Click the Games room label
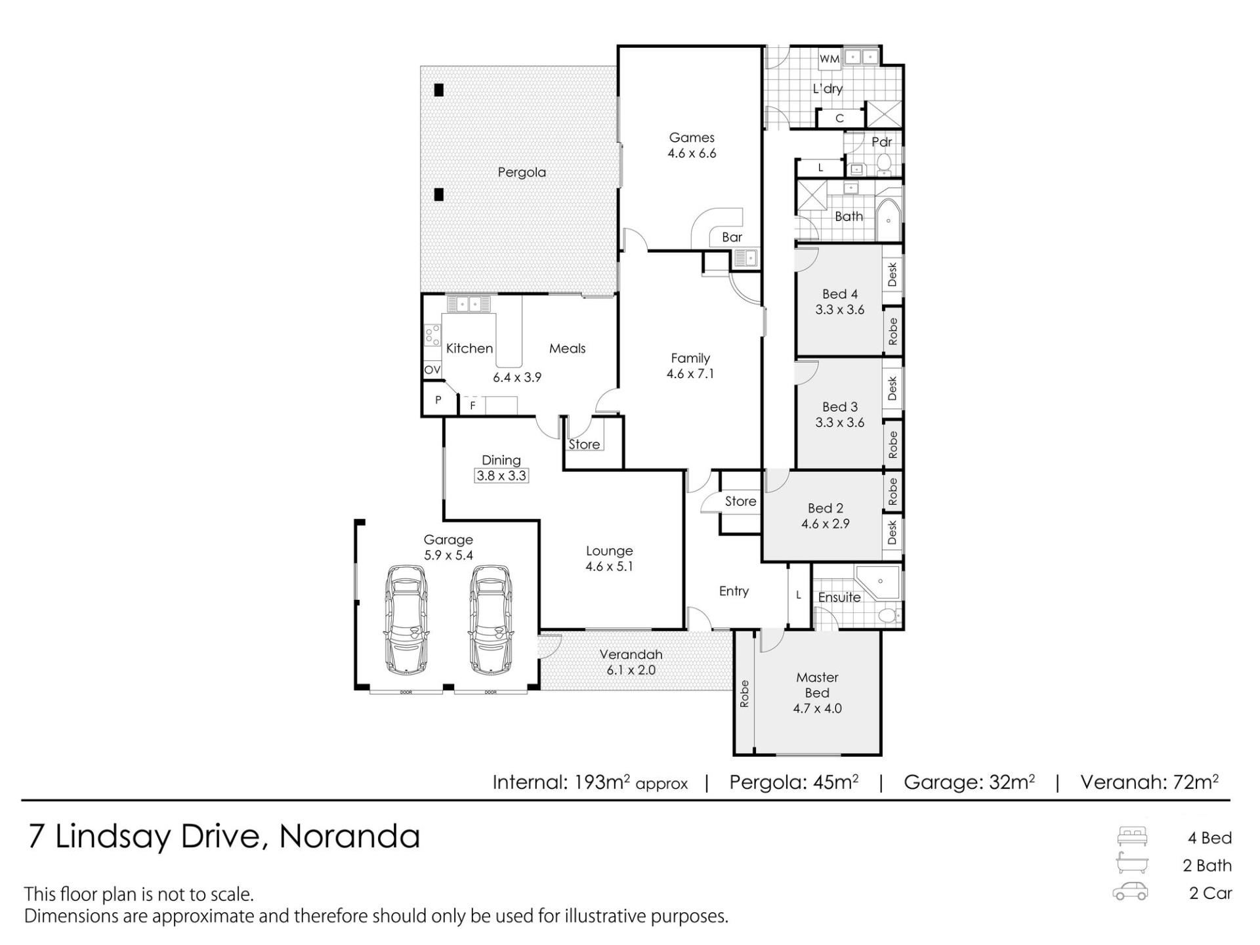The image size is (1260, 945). click(x=692, y=138)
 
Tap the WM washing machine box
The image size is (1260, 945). click(x=829, y=58)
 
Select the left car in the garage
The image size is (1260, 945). click(x=406, y=619)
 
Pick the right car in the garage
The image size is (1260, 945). click(x=491, y=619)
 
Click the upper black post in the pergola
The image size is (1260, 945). click(x=438, y=90)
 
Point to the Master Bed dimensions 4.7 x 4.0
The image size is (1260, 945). click(x=817, y=709)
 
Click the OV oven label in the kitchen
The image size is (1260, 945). click(x=432, y=370)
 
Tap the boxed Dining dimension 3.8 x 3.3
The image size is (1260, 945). click(x=501, y=476)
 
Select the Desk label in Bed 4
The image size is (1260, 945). click(x=892, y=275)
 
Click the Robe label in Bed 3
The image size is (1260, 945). click(x=892, y=445)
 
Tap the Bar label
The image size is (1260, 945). click(x=732, y=238)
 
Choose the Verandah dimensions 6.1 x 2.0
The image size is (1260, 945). click(x=631, y=670)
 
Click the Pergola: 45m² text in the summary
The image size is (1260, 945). click(x=794, y=782)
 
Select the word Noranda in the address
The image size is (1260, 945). click(x=350, y=837)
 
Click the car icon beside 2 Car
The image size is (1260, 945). click(x=1130, y=892)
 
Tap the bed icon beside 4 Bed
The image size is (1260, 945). click(x=1132, y=837)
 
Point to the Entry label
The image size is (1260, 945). click(x=734, y=591)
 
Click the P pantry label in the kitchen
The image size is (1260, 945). click(x=438, y=400)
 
